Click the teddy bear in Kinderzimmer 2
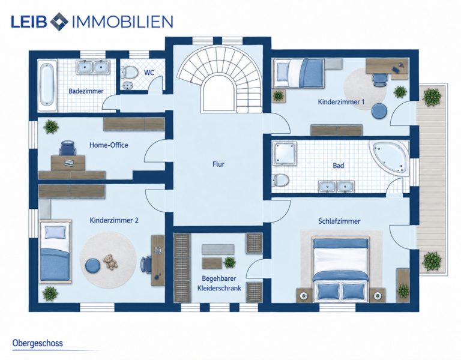pos(110,261)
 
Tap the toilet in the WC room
pos(130,72)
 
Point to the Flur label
pos(218,164)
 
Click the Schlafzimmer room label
pos(339,221)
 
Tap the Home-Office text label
pos(109,145)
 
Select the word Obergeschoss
pos(38,343)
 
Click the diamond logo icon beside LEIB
pos(59,21)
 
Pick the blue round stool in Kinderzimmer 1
pos(379,111)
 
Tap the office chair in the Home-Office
pos(68,148)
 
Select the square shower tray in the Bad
pos(285,153)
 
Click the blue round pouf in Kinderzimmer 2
pos(94,266)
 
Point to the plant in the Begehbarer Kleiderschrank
pos(230,262)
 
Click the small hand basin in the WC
pos(128,86)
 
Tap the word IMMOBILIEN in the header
pos(122,21)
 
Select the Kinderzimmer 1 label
pos(341,101)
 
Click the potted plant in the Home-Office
pos(51,127)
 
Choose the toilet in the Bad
pos(280,180)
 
